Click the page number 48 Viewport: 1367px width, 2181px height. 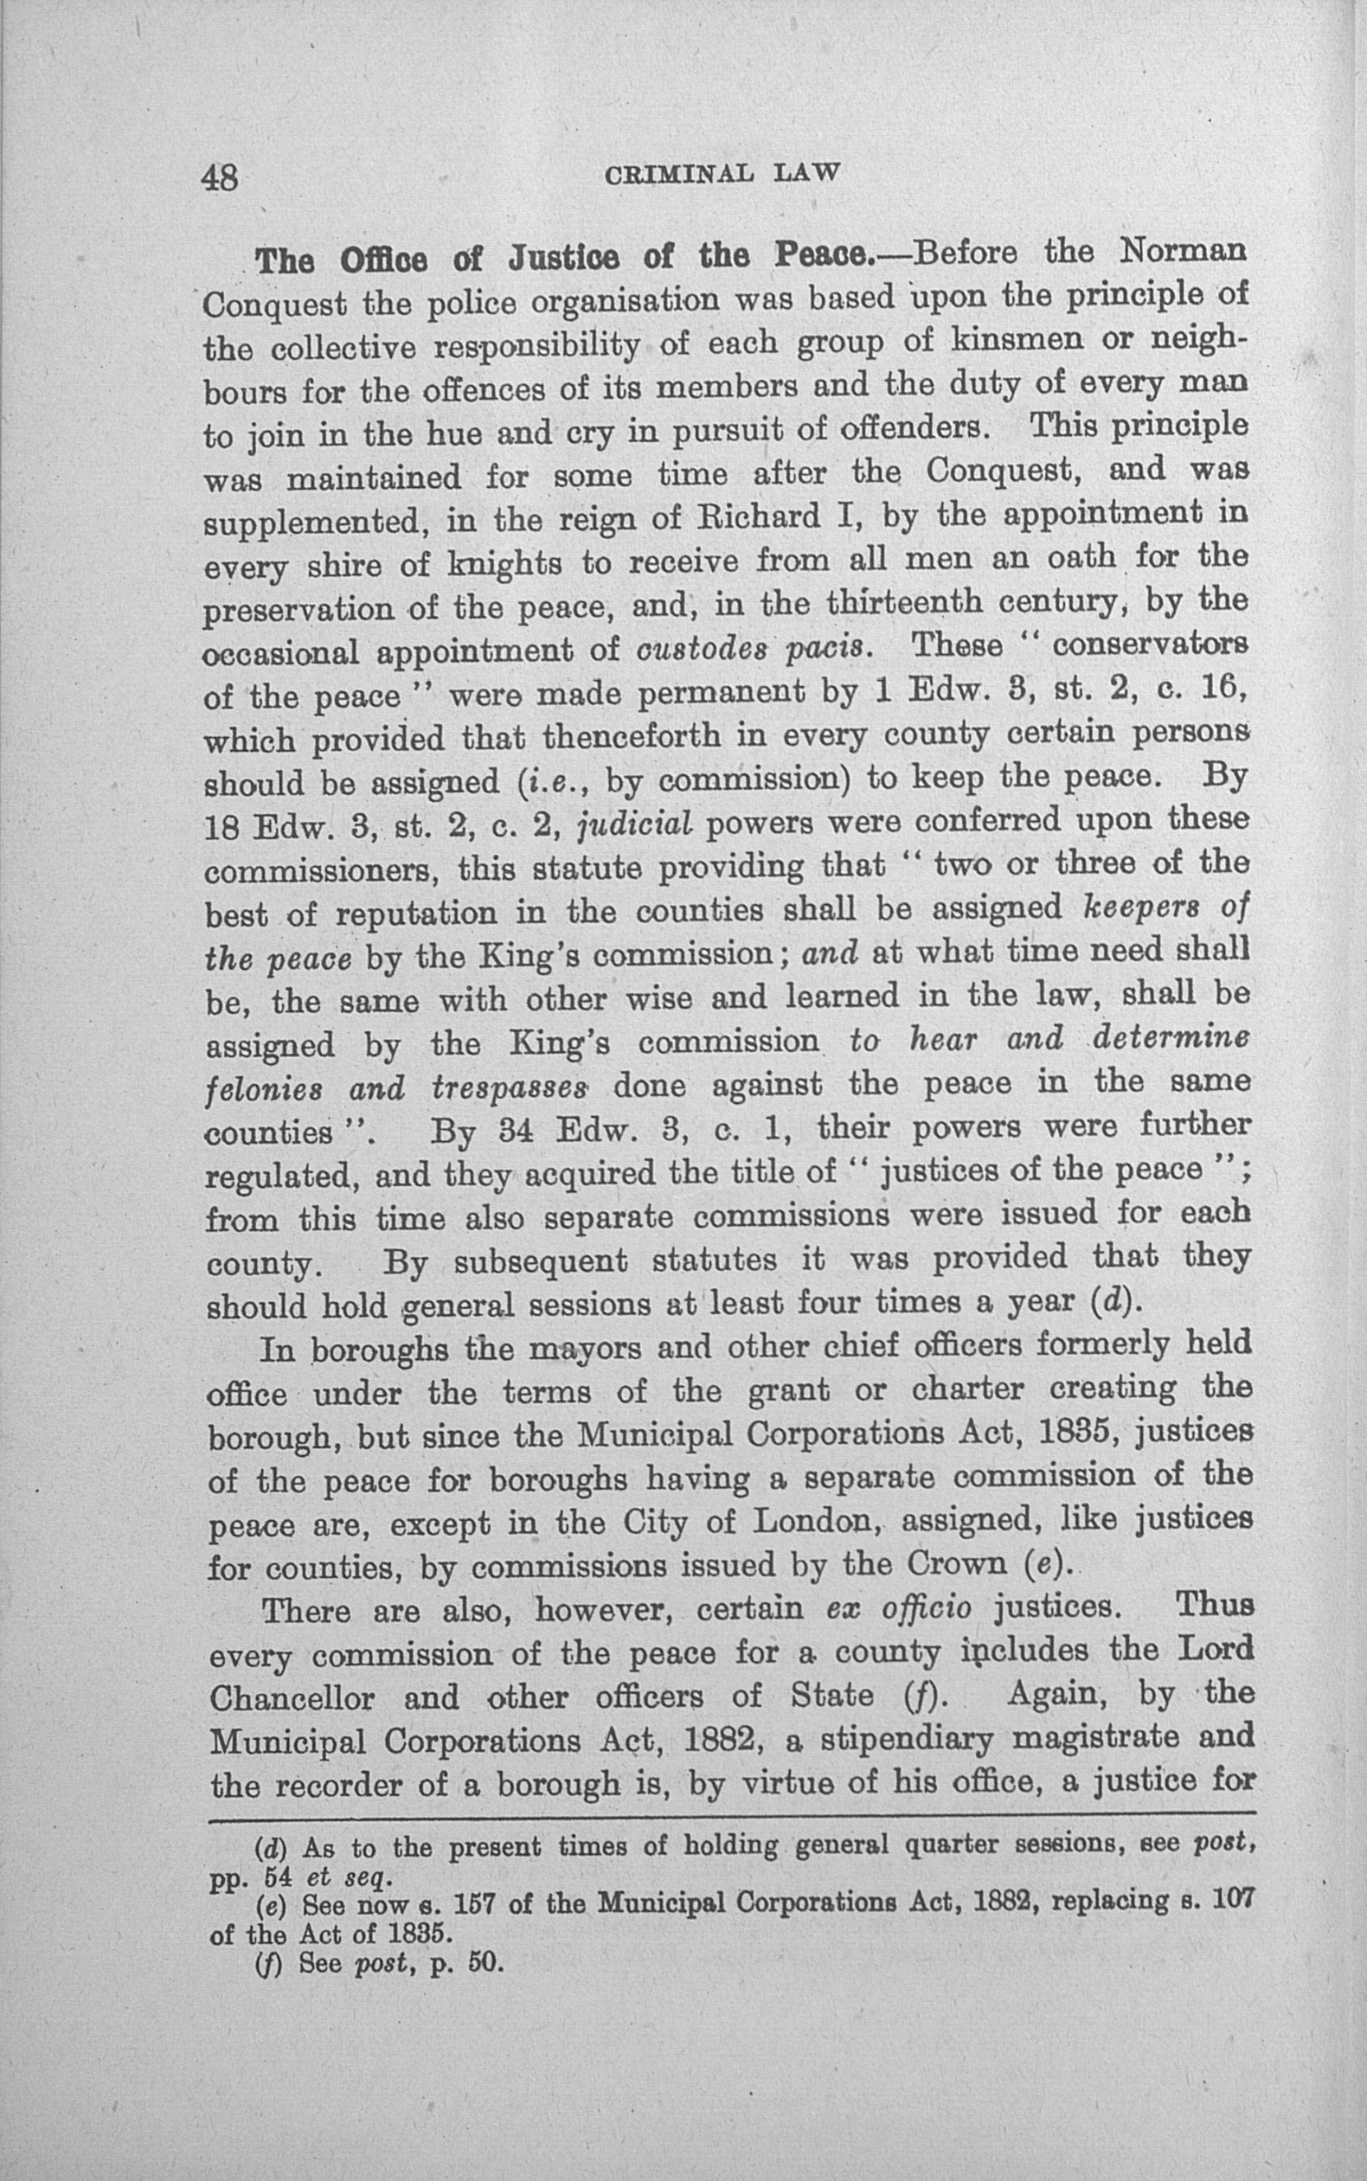220,176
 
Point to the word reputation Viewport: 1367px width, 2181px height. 417,913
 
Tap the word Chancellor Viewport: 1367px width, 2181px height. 291,1698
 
